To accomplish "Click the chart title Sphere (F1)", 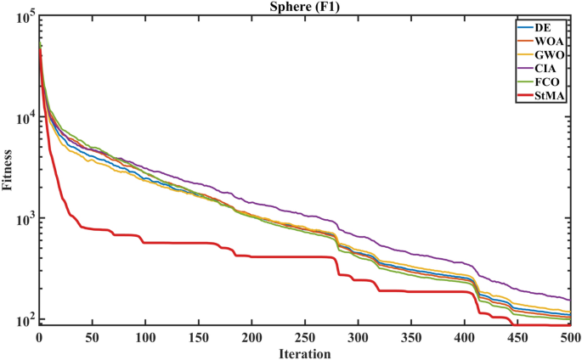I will (304, 8).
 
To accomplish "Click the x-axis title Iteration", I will (304, 352).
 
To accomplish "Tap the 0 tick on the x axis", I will (39, 336).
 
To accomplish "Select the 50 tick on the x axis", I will (92, 336).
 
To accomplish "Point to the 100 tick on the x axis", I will (145, 336).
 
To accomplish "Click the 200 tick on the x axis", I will (251, 336).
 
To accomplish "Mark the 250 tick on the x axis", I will (304, 336).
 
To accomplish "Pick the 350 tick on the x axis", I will (410, 336).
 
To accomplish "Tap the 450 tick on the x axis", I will (517, 336).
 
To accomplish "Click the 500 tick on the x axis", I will (569, 336).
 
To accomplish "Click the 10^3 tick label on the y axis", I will (23, 220).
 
